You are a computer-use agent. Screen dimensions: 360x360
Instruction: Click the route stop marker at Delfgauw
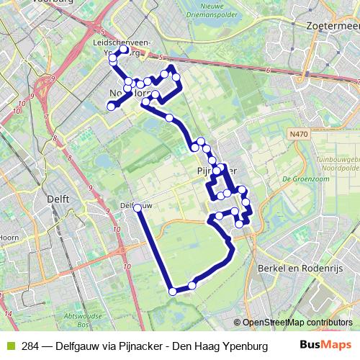click(137, 207)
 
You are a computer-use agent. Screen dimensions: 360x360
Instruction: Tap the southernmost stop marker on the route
click(172, 292)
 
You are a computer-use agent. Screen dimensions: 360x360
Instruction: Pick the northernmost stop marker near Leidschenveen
click(124, 50)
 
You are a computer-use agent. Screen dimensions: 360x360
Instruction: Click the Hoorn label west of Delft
click(9, 236)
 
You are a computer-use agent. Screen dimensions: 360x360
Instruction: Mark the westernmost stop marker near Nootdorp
click(111, 107)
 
